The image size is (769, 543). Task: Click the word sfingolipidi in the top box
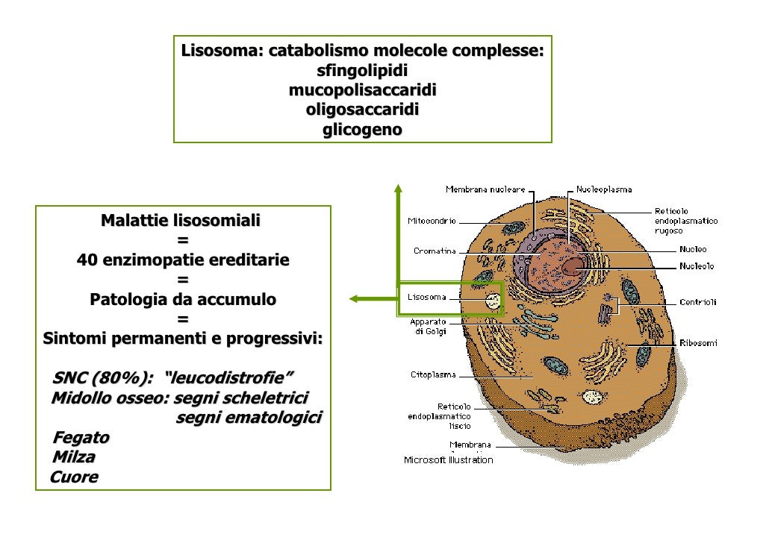pos(362,72)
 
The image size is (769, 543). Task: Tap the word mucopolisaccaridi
pos(362,91)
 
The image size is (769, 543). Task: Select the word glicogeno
pos(362,130)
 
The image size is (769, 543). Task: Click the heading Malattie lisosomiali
pos(181,221)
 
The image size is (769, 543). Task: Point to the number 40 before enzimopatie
pos(87,260)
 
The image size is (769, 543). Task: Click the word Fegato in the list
pos(81,437)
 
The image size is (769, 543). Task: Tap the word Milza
pos(73,456)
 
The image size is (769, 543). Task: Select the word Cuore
pos(73,477)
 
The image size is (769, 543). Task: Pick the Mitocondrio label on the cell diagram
pos(432,221)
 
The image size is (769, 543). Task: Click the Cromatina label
pos(435,251)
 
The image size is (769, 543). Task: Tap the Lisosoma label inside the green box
pos(427,297)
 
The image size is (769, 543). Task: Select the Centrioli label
pos(697,302)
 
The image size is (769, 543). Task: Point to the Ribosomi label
pos(698,343)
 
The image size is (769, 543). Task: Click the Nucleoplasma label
pos(603,190)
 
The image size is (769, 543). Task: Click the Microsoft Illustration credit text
pos(448,460)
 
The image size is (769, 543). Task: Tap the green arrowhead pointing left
pos(354,299)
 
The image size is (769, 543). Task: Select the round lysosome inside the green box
pos(492,301)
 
